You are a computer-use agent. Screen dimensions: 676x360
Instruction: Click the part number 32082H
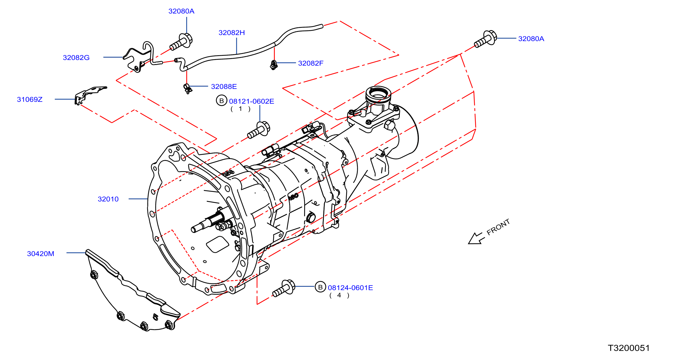click(x=231, y=33)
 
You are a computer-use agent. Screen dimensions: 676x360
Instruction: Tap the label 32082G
click(x=76, y=57)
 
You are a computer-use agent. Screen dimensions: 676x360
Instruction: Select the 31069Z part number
click(x=30, y=99)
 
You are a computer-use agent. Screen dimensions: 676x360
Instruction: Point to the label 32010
click(x=108, y=199)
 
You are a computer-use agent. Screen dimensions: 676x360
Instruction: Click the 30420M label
click(x=41, y=254)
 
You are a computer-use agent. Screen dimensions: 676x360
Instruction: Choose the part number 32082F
click(x=311, y=63)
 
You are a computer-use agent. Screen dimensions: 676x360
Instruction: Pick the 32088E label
click(x=224, y=86)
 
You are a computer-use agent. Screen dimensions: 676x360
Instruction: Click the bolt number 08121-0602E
click(x=251, y=101)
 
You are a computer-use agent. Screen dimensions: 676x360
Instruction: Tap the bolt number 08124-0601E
click(x=350, y=287)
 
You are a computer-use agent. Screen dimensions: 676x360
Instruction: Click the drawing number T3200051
click(x=629, y=348)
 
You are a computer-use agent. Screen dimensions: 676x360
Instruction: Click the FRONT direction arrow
click(x=476, y=238)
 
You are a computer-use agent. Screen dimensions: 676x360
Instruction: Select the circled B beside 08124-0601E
click(x=320, y=287)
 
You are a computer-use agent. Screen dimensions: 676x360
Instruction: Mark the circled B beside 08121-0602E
click(x=222, y=101)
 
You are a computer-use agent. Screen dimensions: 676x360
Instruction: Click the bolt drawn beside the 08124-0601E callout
click(x=284, y=288)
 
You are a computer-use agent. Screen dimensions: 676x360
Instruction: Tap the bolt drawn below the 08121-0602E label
click(x=258, y=130)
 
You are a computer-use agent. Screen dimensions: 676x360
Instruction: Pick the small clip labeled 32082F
click(x=274, y=65)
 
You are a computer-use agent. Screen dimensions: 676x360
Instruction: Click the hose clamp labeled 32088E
click(x=187, y=88)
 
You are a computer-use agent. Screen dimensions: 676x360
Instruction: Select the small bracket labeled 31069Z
click(x=89, y=95)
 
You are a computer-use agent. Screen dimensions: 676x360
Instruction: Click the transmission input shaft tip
click(x=193, y=230)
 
